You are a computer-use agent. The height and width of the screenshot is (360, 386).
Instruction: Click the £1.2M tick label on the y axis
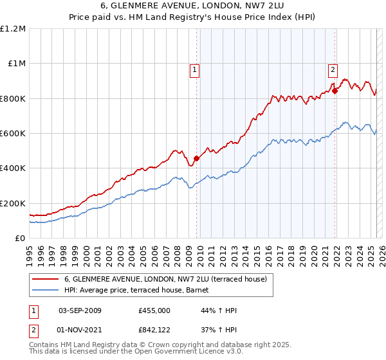[x=13, y=29]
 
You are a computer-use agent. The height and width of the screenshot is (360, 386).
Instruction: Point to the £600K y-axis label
[x=13, y=134]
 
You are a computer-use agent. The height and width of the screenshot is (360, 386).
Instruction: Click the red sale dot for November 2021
[x=335, y=91]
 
